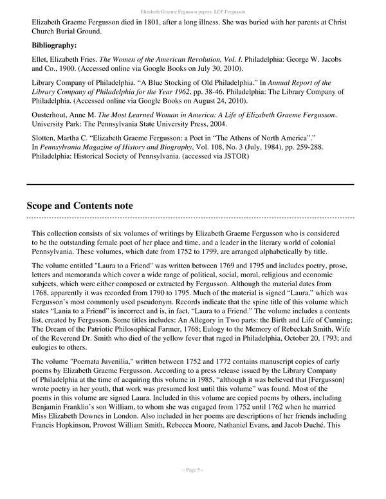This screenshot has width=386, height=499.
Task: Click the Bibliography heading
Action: point(54,46)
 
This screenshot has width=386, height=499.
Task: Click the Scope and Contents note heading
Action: point(80,206)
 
